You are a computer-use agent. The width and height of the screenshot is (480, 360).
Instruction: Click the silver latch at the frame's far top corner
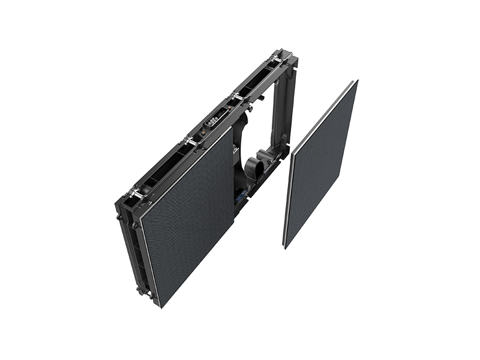coord(277,59)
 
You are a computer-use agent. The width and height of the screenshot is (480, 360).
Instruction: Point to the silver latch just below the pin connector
coord(191,142)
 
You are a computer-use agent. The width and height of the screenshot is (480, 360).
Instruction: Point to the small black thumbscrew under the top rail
coord(262,97)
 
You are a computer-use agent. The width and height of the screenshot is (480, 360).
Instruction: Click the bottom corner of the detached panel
coord(286,246)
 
